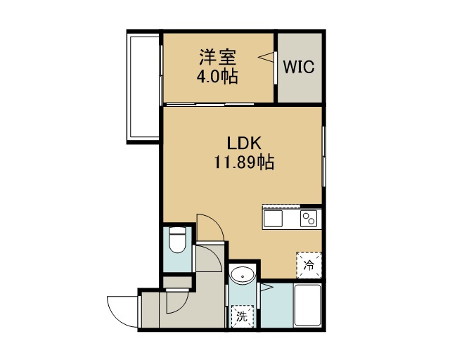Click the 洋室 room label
tap(218, 58)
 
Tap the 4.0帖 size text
tap(217, 77)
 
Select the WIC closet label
tap(299, 67)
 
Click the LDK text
tap(244, 143)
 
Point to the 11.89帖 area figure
tap(244, 162)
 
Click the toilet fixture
tap(177, 240)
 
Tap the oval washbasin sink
tap(243, 276)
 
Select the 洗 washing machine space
tap(243, 316)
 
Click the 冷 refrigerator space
tap(309, 265)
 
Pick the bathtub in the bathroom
tap(308, 305)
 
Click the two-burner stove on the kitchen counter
tap(309, 219)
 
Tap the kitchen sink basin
tap(274, 219)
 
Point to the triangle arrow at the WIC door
tap(266, 57)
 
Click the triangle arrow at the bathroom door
tap(266, 287)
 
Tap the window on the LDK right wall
tap(323, 157)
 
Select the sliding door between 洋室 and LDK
tap(210, 105)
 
